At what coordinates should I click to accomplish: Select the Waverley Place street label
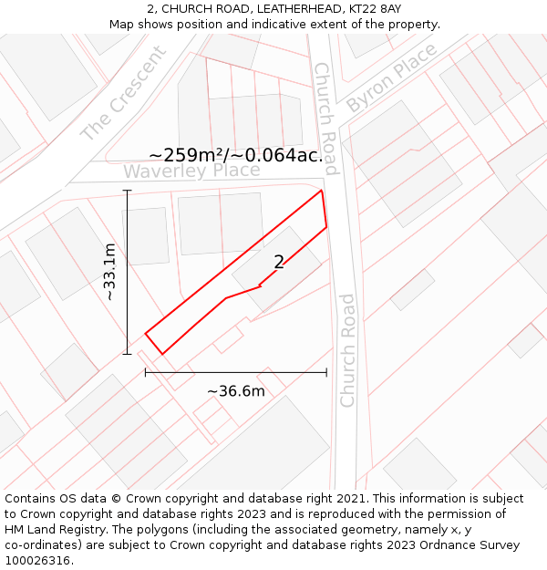click(191, 171)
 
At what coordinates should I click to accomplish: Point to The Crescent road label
click(124, 93)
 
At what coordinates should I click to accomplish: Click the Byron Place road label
click(391, 79)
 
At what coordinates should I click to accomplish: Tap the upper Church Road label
click(325, 119)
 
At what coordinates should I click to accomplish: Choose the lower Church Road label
click(347, 350)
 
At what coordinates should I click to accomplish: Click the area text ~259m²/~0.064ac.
click(236, 155)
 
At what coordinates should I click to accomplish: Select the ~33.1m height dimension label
click(109, 272)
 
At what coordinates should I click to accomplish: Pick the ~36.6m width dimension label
click(236, 391)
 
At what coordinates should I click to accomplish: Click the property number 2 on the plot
click(279, 263)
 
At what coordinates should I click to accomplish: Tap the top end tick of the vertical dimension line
click(127, 191)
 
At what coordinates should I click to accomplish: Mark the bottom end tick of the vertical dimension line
click(127, 354)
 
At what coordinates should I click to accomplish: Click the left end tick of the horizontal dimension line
click(145, 372)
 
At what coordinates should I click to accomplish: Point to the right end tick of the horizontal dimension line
click(326, 372)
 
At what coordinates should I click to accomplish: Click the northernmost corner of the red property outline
click(322, 191)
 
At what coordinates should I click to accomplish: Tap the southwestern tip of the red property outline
click(161, 353)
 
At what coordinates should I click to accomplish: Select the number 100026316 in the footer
click(39, 560)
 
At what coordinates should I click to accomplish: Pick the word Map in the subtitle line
click(122, 24)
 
